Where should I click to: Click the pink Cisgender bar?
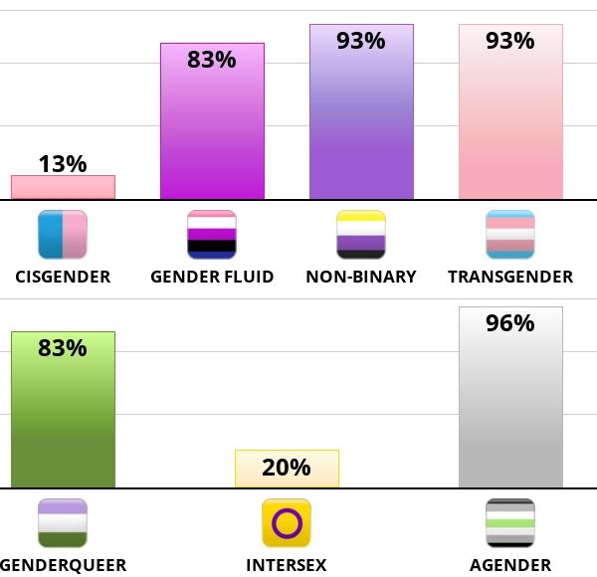pyautogui.click(x=63, y=187)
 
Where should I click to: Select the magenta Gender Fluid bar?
pyautogui.click(x=212, y=129)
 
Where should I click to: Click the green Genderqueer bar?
pyautogui.click(x=63, y=418)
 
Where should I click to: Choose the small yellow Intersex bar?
pyautogui.click(x=287, y=469)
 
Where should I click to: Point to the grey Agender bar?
pyautogui.click(x=510, y=408)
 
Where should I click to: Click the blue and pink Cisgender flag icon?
pyautogui.click(x=63, y=235)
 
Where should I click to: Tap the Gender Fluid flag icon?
pyautogui.click(x=212, y=235)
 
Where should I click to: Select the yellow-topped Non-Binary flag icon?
pyautogui.click(x=361, y=235)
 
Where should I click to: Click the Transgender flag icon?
pyautogui.click(x=510, y=235)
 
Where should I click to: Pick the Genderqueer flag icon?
pyautogui.click(x=63, y=523)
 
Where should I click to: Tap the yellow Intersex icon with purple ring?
pyautogui.click(x=287, y=523)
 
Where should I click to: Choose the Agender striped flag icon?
pyautogui.click(x=510, y=523)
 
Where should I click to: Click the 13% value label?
pyautogui.click(x=63, y=164)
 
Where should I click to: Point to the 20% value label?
pyautogui.click(x=287, y=468)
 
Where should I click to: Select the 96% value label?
pyautogui.click(x=510, y=323)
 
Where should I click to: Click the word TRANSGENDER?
pyautogui.click(x=510, y=277)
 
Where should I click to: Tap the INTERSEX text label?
pyautogui.click(x=287, y=566)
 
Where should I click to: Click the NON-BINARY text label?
pyautogui.click(x=361, y=277)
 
